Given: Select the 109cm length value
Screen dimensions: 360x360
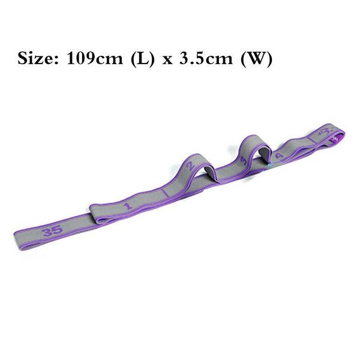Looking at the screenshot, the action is (x=95, y=58).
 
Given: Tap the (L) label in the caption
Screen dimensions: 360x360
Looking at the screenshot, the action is (x=142, y=59).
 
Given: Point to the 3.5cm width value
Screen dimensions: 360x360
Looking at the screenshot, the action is (x=206, y=58).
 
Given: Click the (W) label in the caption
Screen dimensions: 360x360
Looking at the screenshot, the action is (x=257, y=59).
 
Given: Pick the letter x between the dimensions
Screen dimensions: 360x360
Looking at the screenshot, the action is (x=167, y=60).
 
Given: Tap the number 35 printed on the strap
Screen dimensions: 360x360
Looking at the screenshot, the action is (x=52, y=231).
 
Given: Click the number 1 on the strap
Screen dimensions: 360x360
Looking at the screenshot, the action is (x=128, y=206).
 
